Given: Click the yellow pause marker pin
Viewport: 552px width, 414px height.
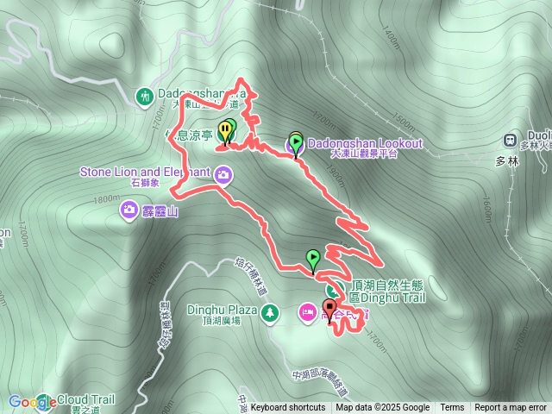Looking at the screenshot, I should tap(225, 131).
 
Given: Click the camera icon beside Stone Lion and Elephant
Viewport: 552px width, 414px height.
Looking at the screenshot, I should tap(224, 176).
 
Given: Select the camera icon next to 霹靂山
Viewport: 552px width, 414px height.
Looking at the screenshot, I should tap(129, 209).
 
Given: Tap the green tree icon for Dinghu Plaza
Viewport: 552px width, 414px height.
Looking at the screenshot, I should tap(271, 310).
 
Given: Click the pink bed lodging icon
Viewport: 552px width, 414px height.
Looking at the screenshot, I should tap(307, 310).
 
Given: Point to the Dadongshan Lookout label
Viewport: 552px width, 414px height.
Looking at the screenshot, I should tap(366, 143).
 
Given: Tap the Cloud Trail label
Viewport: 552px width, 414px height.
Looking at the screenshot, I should tap(85, 400).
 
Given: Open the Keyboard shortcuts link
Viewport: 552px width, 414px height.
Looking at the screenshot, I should tap(287, 408).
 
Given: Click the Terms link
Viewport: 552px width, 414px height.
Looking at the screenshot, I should tap(452, 408).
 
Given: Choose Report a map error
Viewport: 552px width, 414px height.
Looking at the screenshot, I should tap(511, 408).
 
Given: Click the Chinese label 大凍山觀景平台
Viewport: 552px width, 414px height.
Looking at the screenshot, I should tap(364, 154).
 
